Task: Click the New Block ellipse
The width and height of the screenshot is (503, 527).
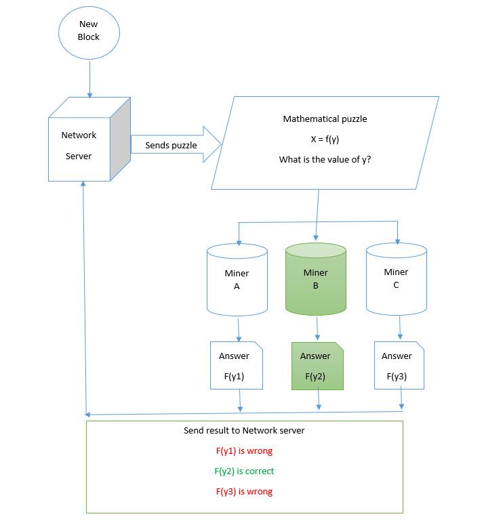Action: click(x=89, y=33)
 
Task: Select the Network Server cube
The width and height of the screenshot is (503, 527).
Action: click(x=89, y=139)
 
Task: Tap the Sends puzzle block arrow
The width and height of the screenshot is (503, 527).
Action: click(x=176, y=144)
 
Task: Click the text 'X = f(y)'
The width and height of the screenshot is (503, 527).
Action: click(x=325, y=139)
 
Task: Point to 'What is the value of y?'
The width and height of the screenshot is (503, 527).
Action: click(x=325, y=159)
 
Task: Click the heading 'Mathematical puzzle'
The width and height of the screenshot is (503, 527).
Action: click(x=325, y=119)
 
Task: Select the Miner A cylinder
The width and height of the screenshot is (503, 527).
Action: click(x=237, y=280)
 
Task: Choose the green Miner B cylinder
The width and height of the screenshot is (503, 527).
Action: click(x=316, y=279)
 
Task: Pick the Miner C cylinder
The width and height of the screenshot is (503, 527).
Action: click(x=397, y=279)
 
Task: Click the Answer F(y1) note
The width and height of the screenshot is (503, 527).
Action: click(x=237, y=365)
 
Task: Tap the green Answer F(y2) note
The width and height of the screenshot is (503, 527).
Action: click(x=317, y=366)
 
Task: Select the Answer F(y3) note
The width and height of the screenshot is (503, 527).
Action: click(x=399, y=365)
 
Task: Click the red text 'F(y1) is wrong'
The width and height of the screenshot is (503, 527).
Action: click(x=244, y=450)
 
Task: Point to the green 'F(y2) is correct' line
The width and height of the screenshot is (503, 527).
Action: click(x=244, y=471)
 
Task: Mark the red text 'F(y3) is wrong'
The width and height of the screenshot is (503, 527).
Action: click(x=244, y=491)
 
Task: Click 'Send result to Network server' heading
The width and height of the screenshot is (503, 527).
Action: click(x=244, y=431)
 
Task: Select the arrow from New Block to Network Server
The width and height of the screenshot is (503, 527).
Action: click(x=90, y=79)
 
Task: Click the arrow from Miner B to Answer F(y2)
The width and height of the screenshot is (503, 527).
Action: click(x=317, y=328)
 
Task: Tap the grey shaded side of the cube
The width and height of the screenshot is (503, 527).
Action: click(x=121, y=139)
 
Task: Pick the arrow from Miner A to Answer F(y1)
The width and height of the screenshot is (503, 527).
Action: click(x=239, y=330)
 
